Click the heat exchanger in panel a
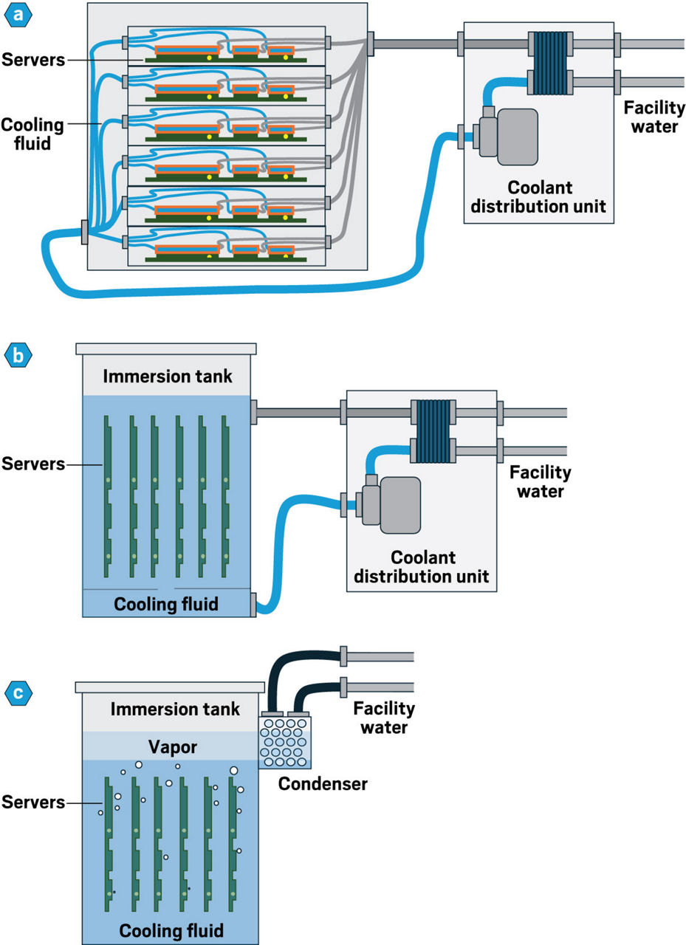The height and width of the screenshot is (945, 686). (x=550, y=63)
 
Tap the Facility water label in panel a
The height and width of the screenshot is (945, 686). (x=654, y=117)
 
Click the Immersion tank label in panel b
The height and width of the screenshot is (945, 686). (x=168, y=377)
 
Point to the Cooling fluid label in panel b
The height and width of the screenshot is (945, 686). (x=166, y=604)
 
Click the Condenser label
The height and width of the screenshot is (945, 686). (x=322, y=783)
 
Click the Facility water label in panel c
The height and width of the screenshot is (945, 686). (x=383, y=718)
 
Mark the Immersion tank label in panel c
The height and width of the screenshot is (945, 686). (x=175, y=709)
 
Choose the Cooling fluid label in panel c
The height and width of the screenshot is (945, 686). (x=171, y=928)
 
